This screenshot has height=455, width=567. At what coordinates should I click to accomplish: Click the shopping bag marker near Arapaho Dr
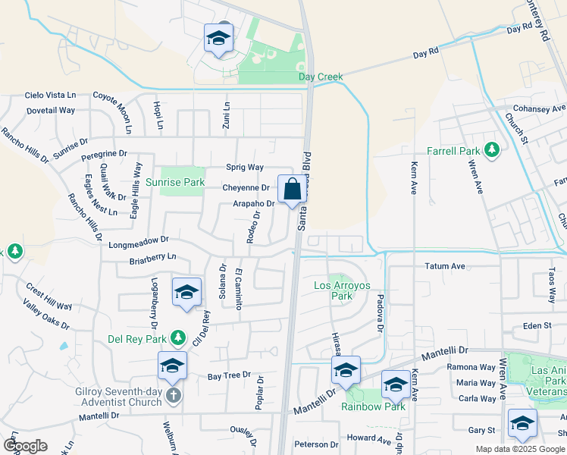click(292, 190)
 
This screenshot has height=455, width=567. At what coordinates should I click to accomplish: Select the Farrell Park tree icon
click(493, 149)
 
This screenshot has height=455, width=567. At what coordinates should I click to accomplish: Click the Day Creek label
click(321, 77)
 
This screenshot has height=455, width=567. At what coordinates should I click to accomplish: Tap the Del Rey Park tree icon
click(177, 337)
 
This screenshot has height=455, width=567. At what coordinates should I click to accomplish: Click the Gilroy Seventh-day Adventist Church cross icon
click(174, 395)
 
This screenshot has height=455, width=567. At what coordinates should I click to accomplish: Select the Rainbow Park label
click(372, 406)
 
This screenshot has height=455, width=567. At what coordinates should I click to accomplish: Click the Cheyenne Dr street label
click(246, 187)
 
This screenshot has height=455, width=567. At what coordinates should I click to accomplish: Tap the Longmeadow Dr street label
click(139, 240)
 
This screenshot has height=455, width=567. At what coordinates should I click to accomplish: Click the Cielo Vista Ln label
click(51, 96)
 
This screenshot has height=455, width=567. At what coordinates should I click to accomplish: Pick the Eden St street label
click(536, 325)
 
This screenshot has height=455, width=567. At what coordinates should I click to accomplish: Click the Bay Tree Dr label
click(229, 375)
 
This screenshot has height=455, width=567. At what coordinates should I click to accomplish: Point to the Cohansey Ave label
click(539, 108)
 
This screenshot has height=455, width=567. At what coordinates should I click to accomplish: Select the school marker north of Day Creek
click(218, 39)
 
